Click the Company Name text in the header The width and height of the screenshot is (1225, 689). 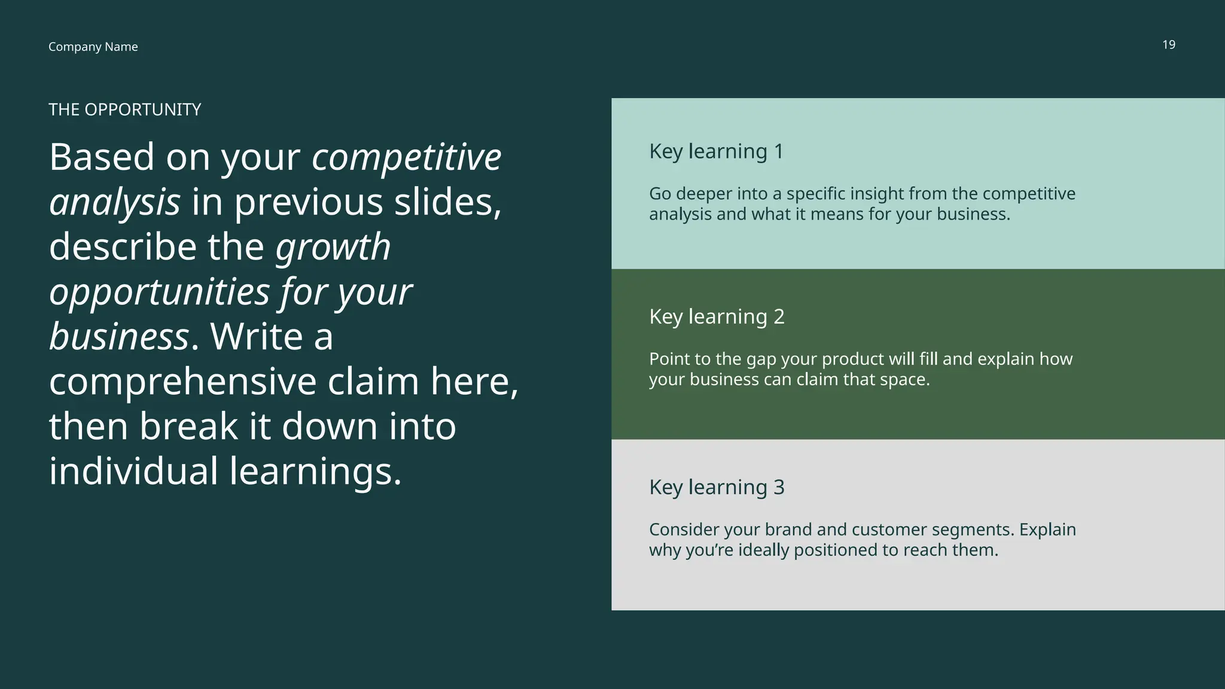click(93, 47)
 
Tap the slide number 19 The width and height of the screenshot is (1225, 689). click(1168, 45)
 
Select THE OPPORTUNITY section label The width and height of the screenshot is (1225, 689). click(124, 109)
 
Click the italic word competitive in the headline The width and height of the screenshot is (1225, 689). click(406, 157)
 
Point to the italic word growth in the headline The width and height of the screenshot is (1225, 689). click(333, 247)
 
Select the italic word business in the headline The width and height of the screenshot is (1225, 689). click(118, 337)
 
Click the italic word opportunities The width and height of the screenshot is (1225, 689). click(159, 292)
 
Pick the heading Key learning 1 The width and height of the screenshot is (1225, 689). click(716, 151)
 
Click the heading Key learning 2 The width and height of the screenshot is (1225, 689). click(717, 316)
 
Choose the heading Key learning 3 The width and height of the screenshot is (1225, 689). click(717, 487)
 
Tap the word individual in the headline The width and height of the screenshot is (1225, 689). click(133, 471)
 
